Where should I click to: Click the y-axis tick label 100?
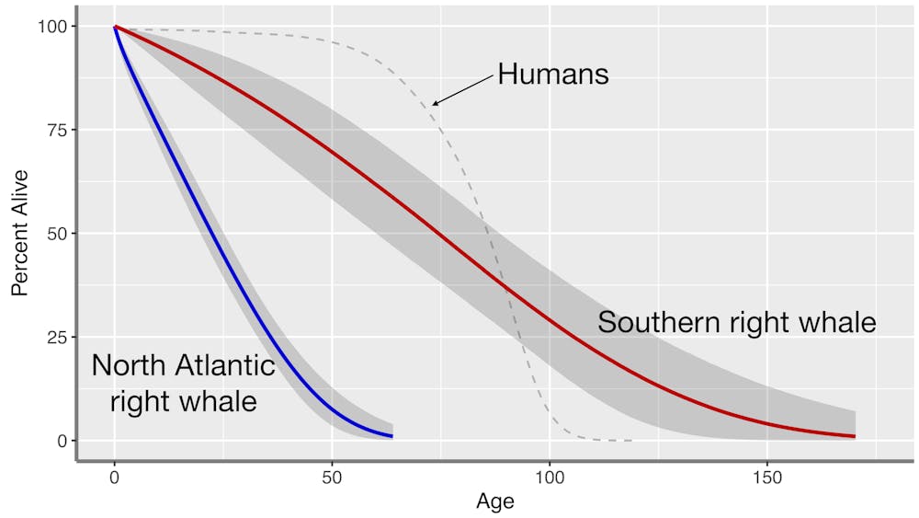(x=51, y=27)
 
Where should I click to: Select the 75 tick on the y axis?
(x=55, y=130)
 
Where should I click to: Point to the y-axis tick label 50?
(x=55, y=234)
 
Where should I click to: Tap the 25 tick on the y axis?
(x=55, y=337)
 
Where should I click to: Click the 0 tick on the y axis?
(x=60, y=441)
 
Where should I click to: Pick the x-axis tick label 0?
(x=114, y=478)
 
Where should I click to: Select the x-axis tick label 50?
(x=332, y=478)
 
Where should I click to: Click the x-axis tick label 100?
(x=550, y=478)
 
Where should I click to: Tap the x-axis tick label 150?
(x=767, y=478)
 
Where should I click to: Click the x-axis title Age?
(x=494, y=502)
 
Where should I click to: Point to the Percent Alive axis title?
(x=20, y=233)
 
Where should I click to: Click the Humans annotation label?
(x=553, y=74)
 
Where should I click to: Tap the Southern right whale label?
(x=737, y=323)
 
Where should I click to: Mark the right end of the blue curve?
(x=392, y=435)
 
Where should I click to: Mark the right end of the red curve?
(x=855, y=436)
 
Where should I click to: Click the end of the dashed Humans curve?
(x=631, y=441)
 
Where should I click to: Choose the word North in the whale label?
(x=127, y=365)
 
